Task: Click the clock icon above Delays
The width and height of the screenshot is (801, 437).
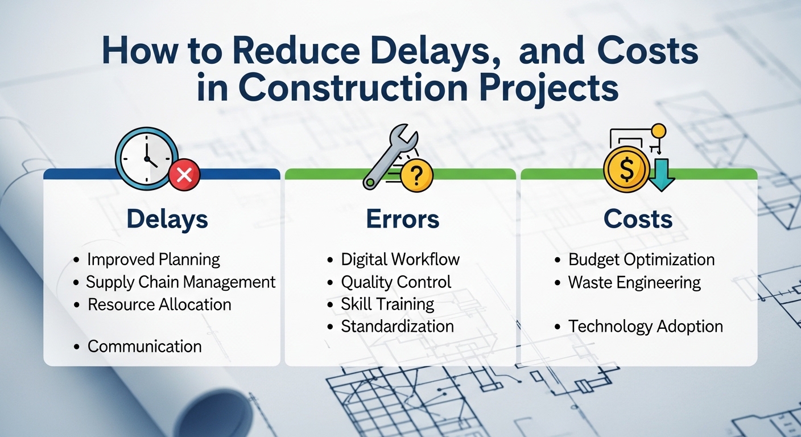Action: [x=147, y=158]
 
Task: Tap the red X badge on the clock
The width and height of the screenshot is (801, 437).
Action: [x=184, y=175]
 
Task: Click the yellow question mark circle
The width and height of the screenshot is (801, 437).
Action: [x=416, y=175]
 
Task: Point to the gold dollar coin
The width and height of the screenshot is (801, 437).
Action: [x=627, y=169]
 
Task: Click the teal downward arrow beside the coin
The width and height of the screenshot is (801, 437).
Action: [x=662, y=175]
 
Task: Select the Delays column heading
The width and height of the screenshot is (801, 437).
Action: [x=167, y=219]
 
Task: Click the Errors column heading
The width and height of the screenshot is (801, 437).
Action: [x=403, y=219]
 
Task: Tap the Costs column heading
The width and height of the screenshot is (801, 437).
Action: [x=638, y=219]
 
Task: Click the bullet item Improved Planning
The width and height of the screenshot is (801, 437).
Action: [x=154, y=259]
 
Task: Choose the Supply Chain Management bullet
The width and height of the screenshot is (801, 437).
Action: [x=180, y=282]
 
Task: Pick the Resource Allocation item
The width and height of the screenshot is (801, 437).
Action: [x=159, y=304]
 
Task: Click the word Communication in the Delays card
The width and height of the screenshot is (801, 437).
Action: [x=144, y=346]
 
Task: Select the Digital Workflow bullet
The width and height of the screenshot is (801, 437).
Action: [x=400, y=259]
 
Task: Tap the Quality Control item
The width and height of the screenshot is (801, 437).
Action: [x=396, y=282]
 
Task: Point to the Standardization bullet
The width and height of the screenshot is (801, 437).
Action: [x=397, y=327]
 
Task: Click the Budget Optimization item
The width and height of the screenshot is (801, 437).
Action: [x=642, y=259]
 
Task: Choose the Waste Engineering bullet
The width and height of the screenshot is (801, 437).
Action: [x=634, y=282]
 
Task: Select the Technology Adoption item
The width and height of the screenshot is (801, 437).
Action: [x=646, y=327]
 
